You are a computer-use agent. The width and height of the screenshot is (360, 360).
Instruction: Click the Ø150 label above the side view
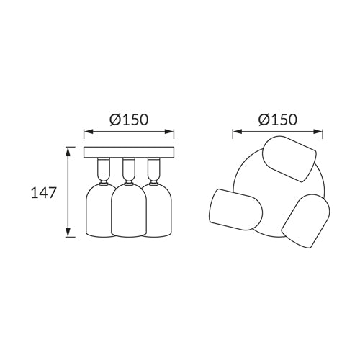[129, 120]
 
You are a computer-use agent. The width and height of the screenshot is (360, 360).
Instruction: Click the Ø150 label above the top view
[278, 120]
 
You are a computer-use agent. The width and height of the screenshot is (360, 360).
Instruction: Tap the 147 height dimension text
[44, 192]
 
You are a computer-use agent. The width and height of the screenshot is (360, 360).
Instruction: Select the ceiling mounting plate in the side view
[129, 153]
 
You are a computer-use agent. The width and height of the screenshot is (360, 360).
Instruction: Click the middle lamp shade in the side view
[129, 210]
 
